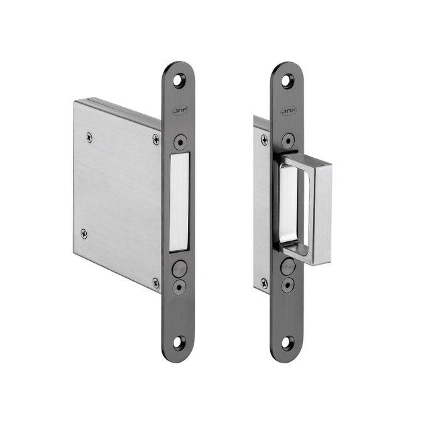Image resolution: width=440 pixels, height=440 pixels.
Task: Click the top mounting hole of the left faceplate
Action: point(179,80)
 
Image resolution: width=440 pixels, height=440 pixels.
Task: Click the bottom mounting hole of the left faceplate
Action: point(179,343)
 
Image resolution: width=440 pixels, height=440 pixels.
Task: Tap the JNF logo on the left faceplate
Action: point(179,112)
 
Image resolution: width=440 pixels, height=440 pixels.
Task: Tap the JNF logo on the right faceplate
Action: point(287,112)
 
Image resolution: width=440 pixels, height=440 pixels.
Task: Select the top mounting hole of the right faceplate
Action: point(287,80)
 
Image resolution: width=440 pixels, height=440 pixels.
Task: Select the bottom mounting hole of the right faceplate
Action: point(287,343)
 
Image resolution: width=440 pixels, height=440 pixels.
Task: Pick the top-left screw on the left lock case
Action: point(91,135)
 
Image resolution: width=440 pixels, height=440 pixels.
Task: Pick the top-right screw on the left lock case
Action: point(156,140)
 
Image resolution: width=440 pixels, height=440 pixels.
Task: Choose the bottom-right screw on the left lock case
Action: point(155,282)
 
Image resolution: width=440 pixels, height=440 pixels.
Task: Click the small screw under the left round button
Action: point(179,287)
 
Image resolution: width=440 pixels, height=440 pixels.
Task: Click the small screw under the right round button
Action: point(287,287)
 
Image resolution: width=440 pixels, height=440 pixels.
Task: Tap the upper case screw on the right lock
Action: point(264,140)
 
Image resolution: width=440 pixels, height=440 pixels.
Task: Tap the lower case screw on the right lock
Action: point(264,282)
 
